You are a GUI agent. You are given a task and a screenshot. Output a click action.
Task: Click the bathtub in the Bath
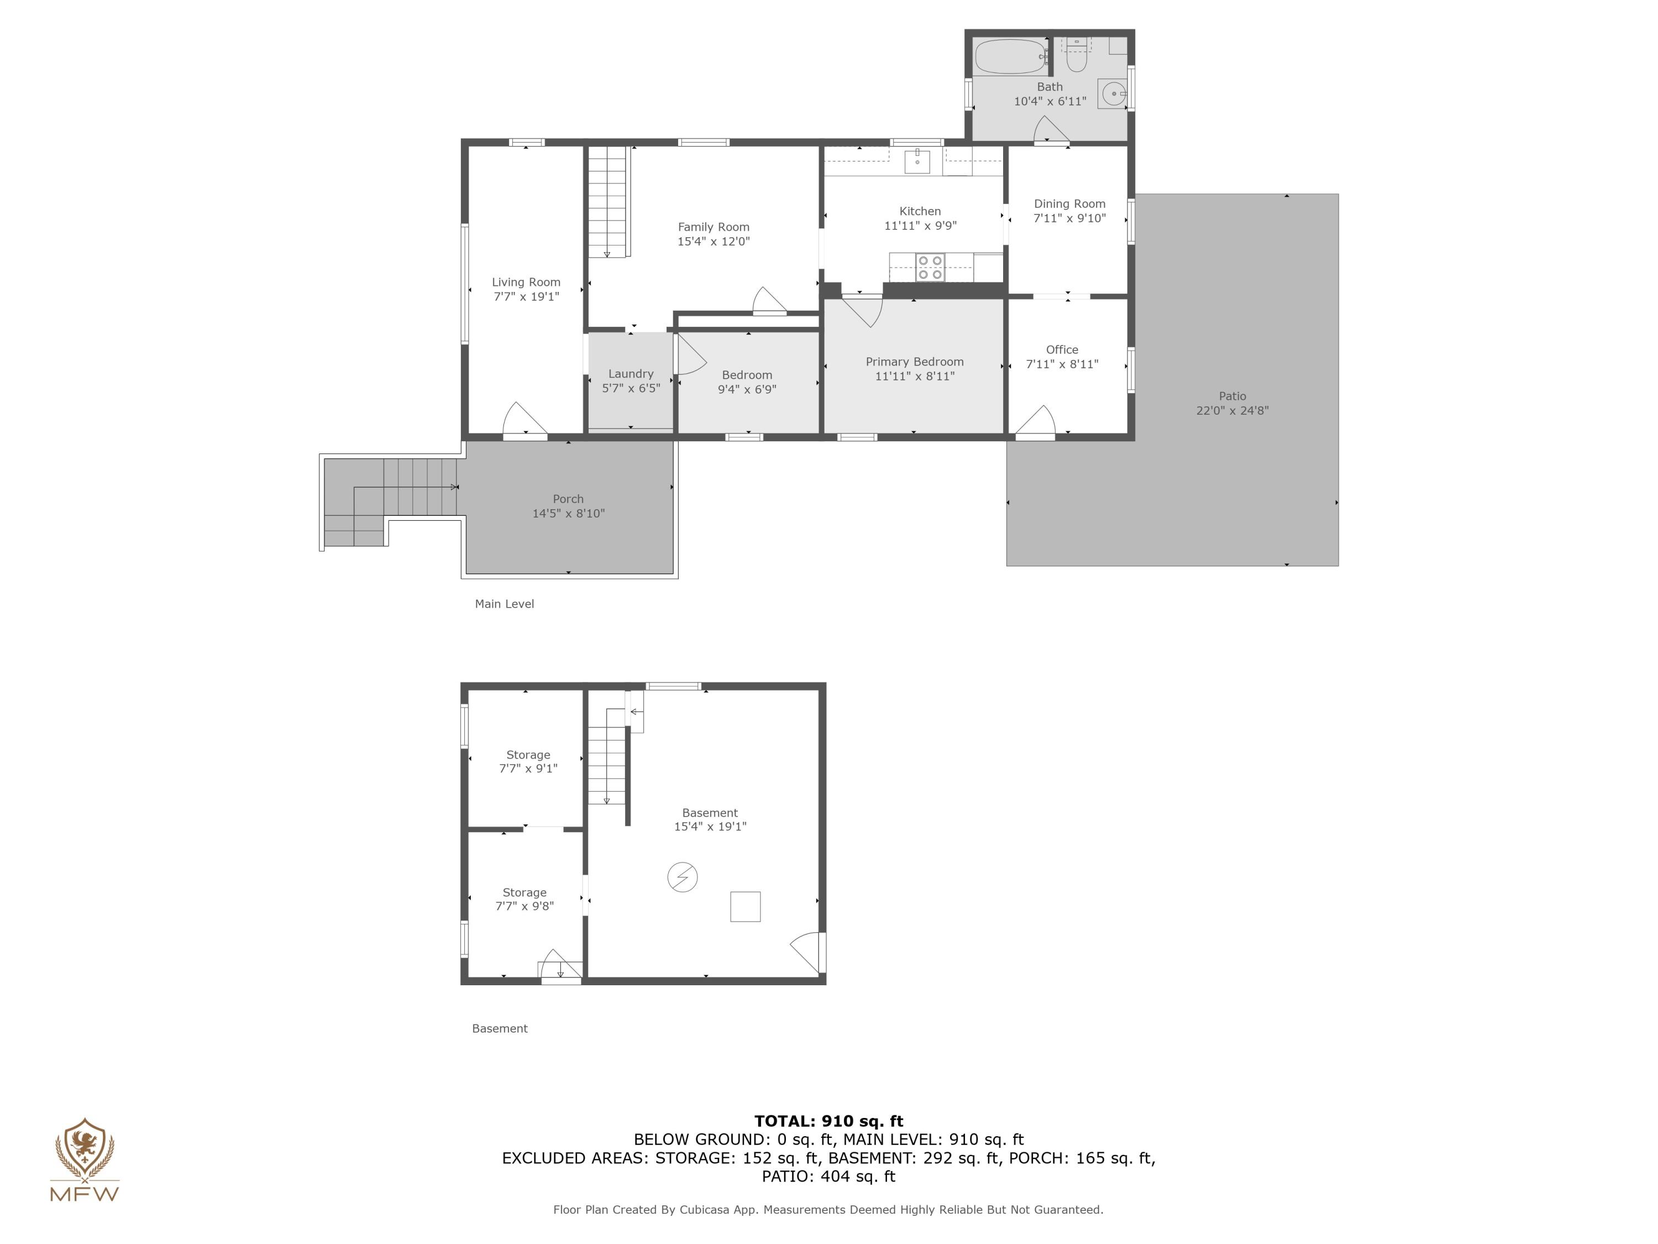[1010, 57]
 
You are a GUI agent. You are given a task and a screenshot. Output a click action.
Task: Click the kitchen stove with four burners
[930, 268]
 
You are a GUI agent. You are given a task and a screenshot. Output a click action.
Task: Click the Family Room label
[713, 227]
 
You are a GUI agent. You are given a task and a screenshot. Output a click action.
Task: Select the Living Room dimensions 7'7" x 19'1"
[526, 297]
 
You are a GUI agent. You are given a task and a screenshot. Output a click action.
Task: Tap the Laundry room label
[631, 373]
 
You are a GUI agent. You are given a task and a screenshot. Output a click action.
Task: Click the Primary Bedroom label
[915, 362]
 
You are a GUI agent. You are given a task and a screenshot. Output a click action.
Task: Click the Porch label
[568, 499]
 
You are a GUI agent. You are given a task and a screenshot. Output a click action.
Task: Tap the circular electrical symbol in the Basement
[682, 876]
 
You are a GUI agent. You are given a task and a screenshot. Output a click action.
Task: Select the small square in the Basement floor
[745, 907]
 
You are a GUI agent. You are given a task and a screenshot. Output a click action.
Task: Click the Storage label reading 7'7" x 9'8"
[524, 899]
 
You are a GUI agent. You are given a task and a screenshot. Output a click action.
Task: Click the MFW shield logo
[85, 1149]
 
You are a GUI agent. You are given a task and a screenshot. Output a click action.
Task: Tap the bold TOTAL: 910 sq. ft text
[828, 1121]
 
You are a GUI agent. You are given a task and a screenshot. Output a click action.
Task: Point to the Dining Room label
[1069, 204]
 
